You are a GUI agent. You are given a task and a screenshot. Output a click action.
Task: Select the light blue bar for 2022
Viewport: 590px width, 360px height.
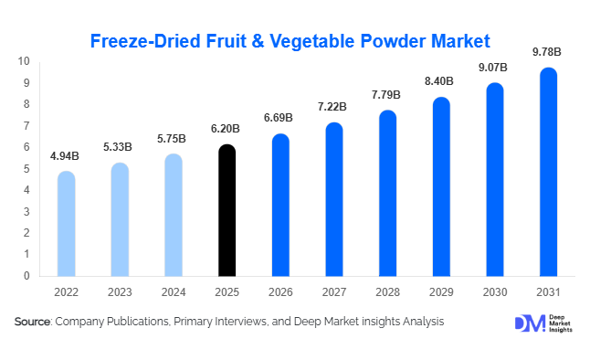coord(66,224)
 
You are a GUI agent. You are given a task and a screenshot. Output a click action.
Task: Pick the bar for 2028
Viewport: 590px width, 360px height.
coord(387,193)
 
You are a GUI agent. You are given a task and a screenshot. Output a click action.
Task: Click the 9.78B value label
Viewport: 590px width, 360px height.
coord(548,51)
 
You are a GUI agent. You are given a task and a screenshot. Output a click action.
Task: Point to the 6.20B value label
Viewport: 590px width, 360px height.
coord(227,130)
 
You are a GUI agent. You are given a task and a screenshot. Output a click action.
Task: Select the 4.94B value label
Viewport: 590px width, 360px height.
coord(66,156)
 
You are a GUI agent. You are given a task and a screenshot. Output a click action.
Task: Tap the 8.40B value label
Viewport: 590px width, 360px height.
coord(441,82)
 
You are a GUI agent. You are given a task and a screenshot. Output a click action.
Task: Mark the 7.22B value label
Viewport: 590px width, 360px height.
coord(334,108)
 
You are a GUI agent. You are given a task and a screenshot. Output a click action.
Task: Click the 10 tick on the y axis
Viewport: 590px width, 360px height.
coord(25,61)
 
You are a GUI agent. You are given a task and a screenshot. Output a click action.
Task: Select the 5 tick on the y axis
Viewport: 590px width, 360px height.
coord(27,168)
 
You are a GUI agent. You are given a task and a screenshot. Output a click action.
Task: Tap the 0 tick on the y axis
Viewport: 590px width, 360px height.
coord(27,275)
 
